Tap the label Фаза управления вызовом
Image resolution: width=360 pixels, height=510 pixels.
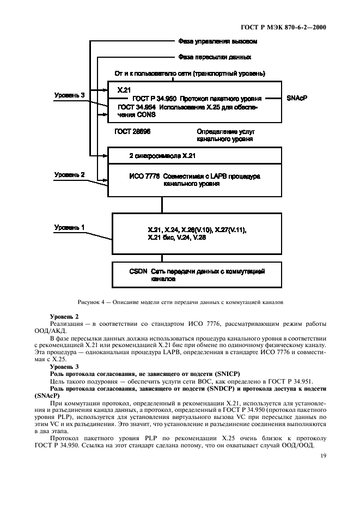pyautogui.click(x=217, y=41)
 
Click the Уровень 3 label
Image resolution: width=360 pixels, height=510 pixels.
pyautogui.click(x=70, y=95)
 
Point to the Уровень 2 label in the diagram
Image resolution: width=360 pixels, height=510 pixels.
pyautogui.click(x=70, y=175)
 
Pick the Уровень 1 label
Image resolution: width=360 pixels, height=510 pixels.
pyautogui.click(x=70, y=227)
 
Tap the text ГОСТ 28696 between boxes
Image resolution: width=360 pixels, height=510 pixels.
pyautogui.click(x=133, y=132)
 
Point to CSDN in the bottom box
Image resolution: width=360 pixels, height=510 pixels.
pyautogui.click(x=138, y=271)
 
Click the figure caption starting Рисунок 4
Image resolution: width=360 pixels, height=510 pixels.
pyautogui.click(x=179, y=302)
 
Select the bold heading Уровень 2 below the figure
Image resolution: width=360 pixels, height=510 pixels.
pyautogui.click(x=64, y=317)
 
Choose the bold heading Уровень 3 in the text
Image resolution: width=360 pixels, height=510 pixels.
pyautogui.click(x=64, y=367)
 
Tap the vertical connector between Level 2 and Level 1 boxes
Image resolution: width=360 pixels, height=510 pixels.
pyautogui.click(x=161, y=204)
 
